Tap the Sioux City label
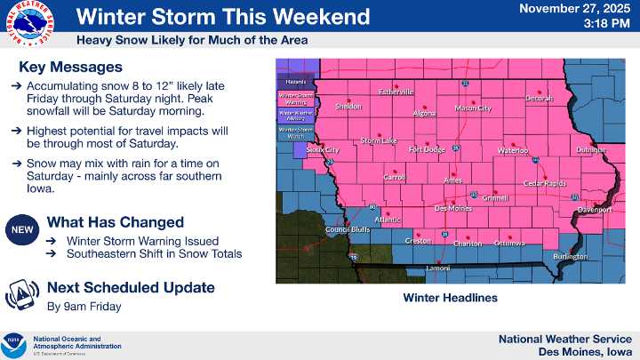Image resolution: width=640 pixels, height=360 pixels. pyautogui.click(x=322, y=151)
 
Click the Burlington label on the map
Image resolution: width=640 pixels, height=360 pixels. pyautogui.click(x=570, y=257)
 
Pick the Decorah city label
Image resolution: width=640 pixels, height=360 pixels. pyautogui.click(x=538, y=98)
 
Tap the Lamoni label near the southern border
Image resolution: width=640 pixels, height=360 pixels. pyautogui.click(x=437, y=268)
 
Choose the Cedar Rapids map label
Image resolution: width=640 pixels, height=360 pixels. pyautogui.click(x=545, y=183)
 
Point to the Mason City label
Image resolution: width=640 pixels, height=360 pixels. pyautogui.click(x=472, y=108)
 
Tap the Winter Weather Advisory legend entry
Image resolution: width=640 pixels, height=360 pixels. pyautogui.click(x=296, y=114)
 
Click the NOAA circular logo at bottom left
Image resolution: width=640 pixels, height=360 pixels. pyautogui.click(x=15, y=341)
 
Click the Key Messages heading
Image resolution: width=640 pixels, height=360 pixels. pyautogui.click(x=70, y=68)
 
